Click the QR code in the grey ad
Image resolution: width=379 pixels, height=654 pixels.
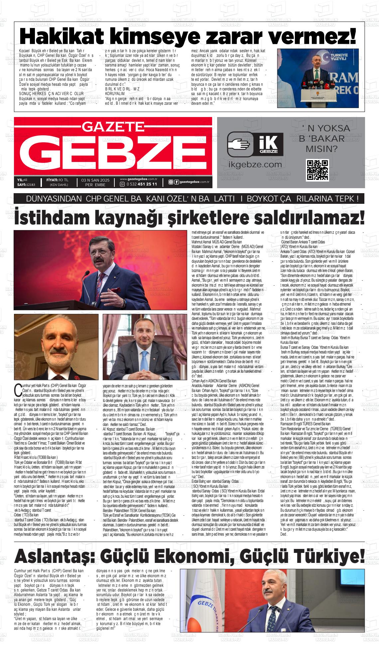click(x=317, y=170)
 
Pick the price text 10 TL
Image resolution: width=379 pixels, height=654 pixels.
click(x=63, y=180)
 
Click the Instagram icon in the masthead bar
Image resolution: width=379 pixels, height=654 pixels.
click(x=171, y=182)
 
